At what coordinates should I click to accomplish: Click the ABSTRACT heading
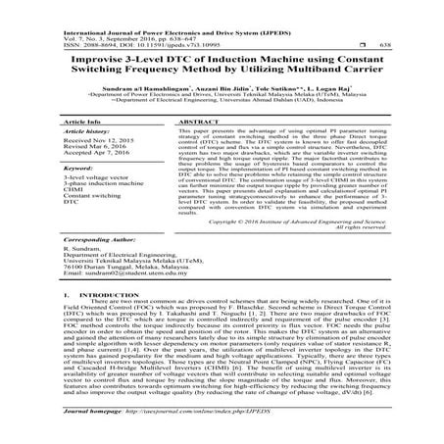point(171,123)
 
